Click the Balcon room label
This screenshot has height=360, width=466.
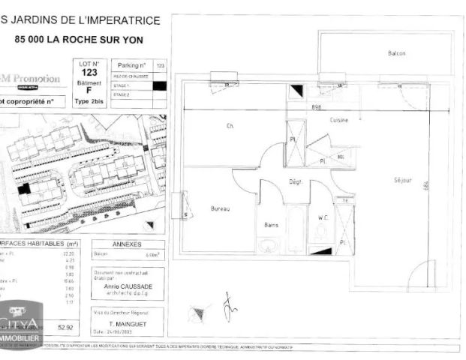[396, 53]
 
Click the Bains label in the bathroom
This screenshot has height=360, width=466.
[272, 224]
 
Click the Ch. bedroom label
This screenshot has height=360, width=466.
[230, 126]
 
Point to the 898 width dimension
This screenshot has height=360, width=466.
[317, 108]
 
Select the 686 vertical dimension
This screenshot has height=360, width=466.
[446, 184]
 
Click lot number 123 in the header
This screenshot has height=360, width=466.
[89, 73]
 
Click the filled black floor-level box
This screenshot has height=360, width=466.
[158, 85]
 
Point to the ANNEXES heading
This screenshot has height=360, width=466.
[127, 245]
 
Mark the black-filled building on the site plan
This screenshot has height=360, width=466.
[25, 189]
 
